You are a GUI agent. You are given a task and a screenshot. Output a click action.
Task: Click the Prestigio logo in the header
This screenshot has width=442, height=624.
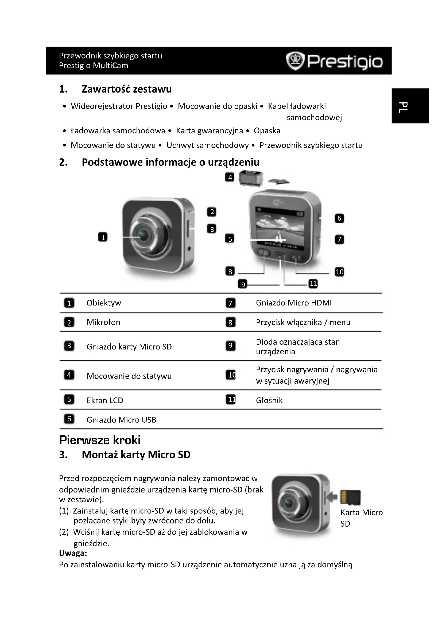(335, 61)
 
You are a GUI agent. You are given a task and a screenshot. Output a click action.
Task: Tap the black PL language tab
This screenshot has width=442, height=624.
(410, 106)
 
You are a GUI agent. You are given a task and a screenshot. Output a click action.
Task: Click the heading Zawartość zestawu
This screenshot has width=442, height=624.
(126, 89)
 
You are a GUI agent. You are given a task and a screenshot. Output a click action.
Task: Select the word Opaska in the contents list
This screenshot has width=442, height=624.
(267, 131)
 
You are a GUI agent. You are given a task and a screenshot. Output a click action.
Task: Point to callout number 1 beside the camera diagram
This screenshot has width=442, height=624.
(103, 237)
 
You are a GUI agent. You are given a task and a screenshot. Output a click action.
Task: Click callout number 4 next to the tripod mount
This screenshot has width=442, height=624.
(230, 177)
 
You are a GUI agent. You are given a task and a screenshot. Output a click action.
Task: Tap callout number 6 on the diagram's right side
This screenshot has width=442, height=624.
(339, 218)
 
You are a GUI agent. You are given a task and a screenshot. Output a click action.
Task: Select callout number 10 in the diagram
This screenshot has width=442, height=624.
(339, 272)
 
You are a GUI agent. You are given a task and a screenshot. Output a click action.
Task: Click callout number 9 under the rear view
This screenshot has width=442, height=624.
(243, 284)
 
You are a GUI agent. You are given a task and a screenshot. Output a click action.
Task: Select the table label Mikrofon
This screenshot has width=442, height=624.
(103, 322)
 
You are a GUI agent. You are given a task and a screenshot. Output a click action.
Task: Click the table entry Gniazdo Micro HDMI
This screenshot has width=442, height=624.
(294, 303)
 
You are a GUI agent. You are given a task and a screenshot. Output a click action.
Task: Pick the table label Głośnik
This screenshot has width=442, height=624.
(269, 400)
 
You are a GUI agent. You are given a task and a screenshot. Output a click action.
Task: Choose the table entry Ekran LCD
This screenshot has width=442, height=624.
(105, 400)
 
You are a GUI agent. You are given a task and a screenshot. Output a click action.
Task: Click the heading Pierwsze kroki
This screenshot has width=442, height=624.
(100, 440)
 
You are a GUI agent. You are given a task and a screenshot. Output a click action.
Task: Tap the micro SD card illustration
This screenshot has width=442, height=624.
(351, 497)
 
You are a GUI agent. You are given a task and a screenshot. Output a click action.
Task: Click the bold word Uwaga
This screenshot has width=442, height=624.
(73, 553)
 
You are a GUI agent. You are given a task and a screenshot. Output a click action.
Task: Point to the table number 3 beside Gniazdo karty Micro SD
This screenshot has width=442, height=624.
(69, 346)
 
